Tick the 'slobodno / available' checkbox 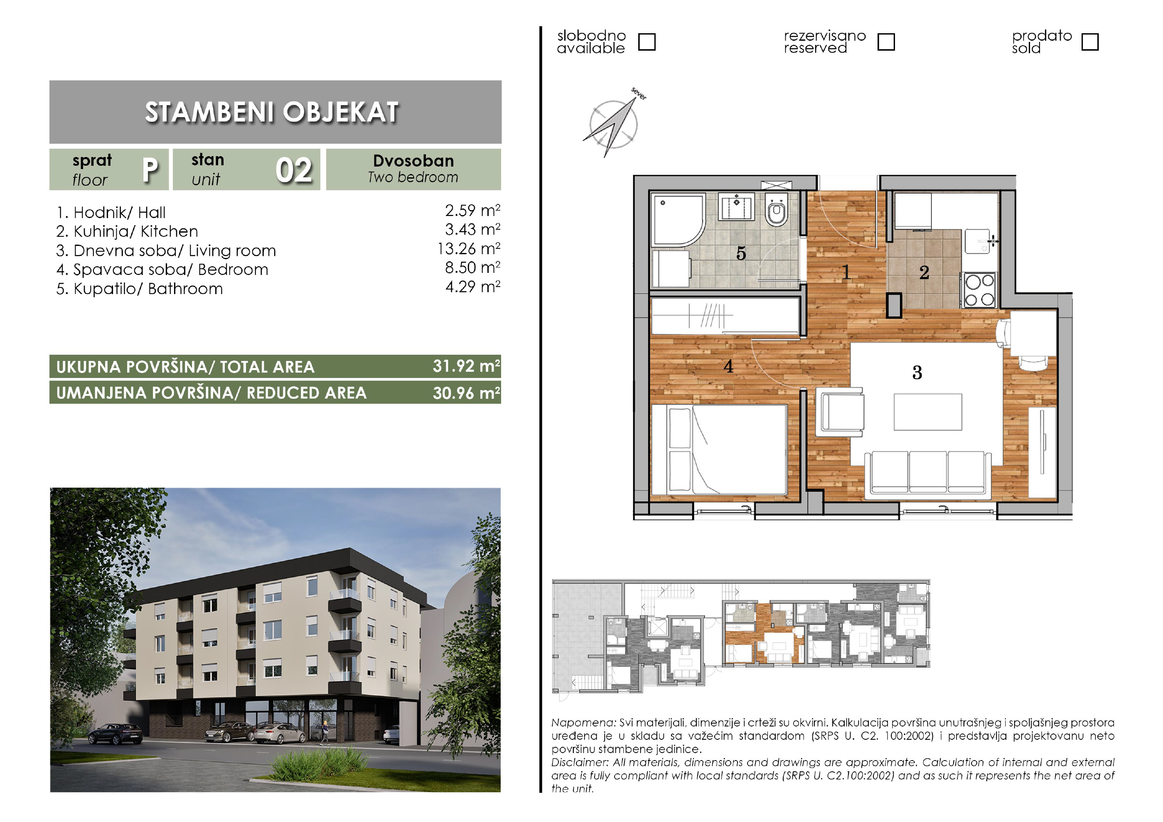(647, 42)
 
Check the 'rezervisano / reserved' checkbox (886, 42)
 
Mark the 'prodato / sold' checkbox (1090, 42)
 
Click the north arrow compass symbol (613, 123)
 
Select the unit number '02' (294, 170)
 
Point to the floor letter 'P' (150, 170)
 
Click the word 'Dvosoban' (413, 161)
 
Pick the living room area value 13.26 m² (469, 249)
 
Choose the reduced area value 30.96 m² (467, 393)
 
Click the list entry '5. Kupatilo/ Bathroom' (140, 289)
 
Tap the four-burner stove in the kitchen (980, 290)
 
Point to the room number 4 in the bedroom (728, 366)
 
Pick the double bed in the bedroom (719, 449)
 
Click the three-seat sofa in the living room (928, 473)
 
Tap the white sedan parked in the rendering (280, 734)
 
